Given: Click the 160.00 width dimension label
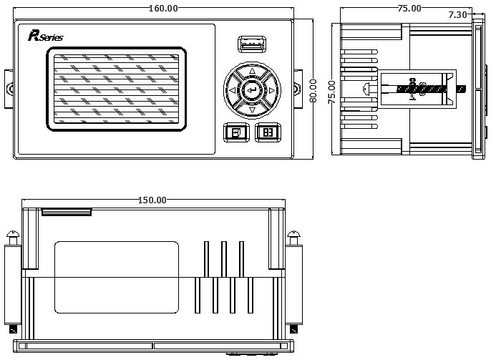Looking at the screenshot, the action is (x=163, y=8).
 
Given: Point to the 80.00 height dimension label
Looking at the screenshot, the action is (x=313, y=91).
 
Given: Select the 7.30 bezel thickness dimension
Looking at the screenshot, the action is (x=457, y=14).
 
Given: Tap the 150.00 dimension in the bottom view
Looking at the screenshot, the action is (x=152, y=200).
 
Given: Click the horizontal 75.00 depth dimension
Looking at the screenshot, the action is (x=409, y=9).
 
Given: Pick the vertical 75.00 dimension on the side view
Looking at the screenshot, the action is (x=331, y=92).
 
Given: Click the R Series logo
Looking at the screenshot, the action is (x=45, y=36).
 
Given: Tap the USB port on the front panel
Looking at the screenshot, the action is (x=252, y=44).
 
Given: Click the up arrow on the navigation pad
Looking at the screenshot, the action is (x=252, y=71).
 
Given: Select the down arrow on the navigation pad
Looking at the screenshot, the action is (x=252, y=110).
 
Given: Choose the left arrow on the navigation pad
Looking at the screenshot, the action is (x=233, y=90).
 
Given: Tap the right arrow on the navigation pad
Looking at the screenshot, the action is (x=271, y=90).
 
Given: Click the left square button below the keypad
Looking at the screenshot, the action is (x=236, y=132).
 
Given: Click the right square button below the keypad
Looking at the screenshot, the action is (x=268, y=132).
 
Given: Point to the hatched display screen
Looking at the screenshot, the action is (x=116, y=89).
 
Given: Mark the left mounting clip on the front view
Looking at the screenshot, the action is (x=9, y=89).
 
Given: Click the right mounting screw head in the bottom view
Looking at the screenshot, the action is (x=293, y=234).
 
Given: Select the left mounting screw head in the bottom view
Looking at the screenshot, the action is (x=13, y=234).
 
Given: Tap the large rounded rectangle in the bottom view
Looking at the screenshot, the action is (x=117, y=277).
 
